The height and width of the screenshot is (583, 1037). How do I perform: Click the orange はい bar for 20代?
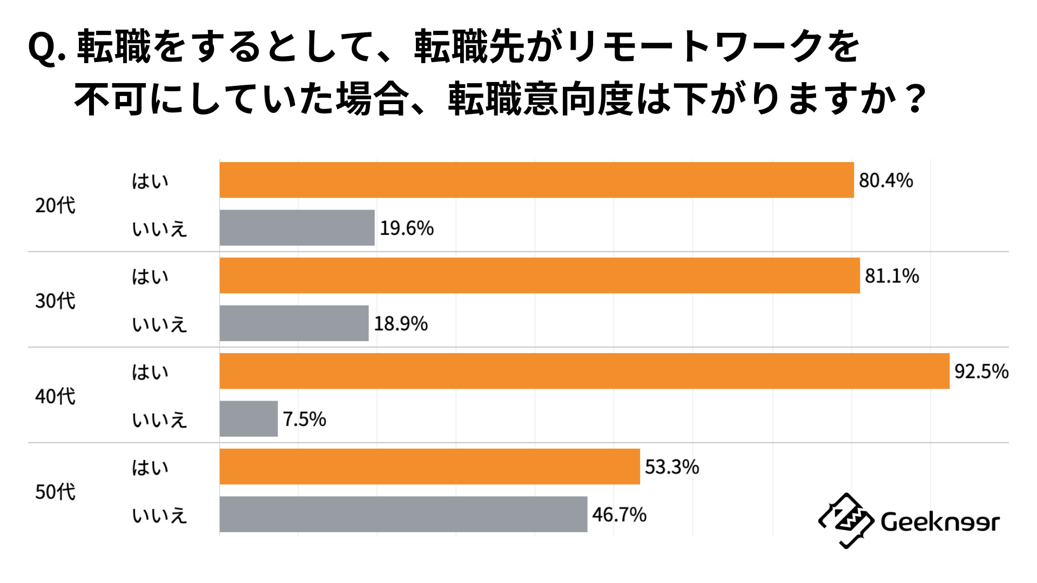(x=536, y=180)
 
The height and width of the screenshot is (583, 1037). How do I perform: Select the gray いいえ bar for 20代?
(x=297, y=228)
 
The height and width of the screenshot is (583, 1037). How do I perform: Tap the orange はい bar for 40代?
(x=584, y=371)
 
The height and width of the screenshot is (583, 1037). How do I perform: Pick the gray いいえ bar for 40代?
(x=248, y=418)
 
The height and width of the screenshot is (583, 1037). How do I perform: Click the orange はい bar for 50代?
(x=429, y=466)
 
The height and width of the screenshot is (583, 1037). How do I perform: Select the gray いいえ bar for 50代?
(x=403, y=514)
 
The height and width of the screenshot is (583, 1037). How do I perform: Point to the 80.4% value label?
(x=886, y=180)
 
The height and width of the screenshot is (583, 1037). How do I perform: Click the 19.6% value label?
(x=407, y=228)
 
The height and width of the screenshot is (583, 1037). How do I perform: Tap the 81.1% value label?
(x=892, y=276)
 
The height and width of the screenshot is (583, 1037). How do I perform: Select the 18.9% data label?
(x=401, y=324)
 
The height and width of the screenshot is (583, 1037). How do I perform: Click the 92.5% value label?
(x=981, y=371)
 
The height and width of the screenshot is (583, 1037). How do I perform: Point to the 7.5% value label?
(x=305, y=419)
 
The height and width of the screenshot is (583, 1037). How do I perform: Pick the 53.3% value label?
(x=672, y=467)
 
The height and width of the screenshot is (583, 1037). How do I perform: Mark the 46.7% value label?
(x=619, y=514)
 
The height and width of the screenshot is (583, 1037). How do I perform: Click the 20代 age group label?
(x=55, y=205)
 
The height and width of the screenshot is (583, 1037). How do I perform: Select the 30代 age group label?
(x=55, y=301)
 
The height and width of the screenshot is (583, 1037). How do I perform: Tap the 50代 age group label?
(x=55, y=492)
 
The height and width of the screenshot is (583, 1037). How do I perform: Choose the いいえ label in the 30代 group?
(x=159, y=324)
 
